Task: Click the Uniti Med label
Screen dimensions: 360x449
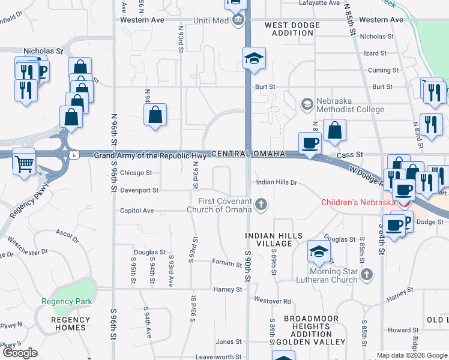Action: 211,20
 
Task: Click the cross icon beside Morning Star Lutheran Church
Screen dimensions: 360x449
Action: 367,275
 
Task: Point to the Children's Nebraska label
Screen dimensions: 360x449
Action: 358,202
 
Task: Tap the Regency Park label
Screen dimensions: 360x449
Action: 66,302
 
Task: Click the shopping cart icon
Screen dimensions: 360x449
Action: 25,163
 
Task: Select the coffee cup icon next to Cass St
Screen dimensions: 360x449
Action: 310,144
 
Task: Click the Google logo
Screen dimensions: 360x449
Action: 20,353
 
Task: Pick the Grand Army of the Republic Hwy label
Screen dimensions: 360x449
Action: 150,156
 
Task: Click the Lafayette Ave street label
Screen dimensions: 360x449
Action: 319,3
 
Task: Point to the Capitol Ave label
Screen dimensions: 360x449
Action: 137,211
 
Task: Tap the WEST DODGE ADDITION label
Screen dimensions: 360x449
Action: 292,29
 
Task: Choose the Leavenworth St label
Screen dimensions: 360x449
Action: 218,357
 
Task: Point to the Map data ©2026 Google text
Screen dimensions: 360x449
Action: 412,355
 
